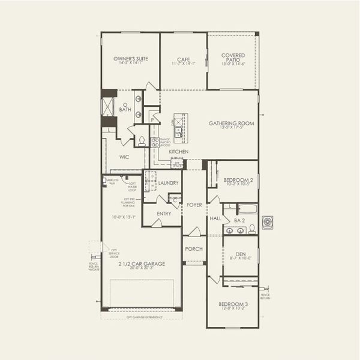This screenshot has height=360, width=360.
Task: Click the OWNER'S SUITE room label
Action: [x=130, y=59]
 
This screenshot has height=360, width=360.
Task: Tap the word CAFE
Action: [x=184, y=59]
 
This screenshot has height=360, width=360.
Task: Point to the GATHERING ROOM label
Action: [x=231, y=123]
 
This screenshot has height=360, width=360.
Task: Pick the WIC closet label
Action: [x=124, y=157]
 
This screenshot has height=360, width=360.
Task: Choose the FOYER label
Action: [x=194, y=205]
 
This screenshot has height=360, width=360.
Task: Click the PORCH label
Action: [x=194, y=248]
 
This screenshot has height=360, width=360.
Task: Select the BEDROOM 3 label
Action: [x=233, y=304]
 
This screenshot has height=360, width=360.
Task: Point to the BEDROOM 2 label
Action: [x=239, y=180]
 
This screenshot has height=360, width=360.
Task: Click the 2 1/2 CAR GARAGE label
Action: [x=141, y=263]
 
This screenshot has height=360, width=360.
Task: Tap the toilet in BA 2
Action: [x=252, y=228]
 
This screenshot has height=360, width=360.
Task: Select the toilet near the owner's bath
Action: [x=142, y=142]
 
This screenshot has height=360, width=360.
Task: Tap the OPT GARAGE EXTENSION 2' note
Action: [x=140, y=316]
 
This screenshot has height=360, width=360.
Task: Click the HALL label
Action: [x=216, y=218]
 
